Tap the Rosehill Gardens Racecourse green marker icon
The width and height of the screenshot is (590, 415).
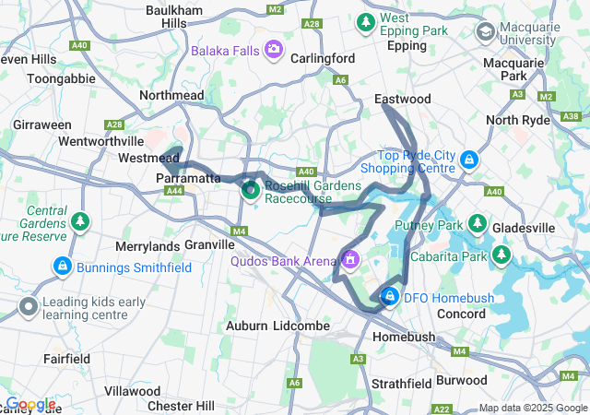[250, 191]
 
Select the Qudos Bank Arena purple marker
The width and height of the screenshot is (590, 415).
[350, 261]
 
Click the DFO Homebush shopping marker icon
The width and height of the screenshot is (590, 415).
[390, 296]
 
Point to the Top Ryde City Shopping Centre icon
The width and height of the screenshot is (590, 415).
[469, 160]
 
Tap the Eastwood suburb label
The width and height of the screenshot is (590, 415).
[402, 99]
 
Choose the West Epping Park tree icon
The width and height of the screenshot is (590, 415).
[367, 20]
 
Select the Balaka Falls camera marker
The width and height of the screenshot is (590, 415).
[273, 49]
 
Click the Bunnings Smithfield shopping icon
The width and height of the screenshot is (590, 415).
[62, 267]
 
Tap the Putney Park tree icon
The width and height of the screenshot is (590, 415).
[478, 223]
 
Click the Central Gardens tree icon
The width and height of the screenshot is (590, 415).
[81, 222]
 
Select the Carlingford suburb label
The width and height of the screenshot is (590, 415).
[323, 58]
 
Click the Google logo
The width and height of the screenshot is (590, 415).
[30, 404]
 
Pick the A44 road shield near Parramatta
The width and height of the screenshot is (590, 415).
[173, 191]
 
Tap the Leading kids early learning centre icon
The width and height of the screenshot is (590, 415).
[29, 306]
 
